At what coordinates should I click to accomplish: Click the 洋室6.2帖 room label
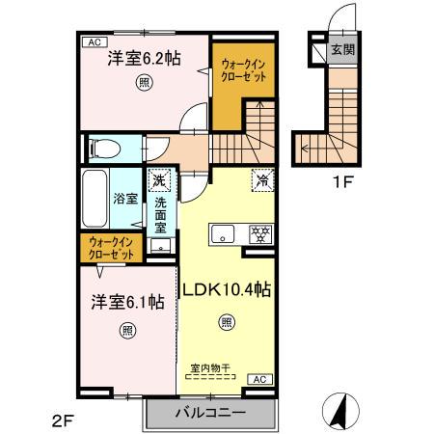tap(143, 58)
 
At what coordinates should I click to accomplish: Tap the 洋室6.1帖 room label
tap(127, 302)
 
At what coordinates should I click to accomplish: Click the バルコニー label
tap(210, 414)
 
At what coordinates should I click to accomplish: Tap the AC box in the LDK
tap(259, 379)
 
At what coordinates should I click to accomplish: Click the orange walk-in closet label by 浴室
tap(112, 248)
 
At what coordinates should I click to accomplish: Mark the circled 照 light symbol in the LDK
tap(226, 323)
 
